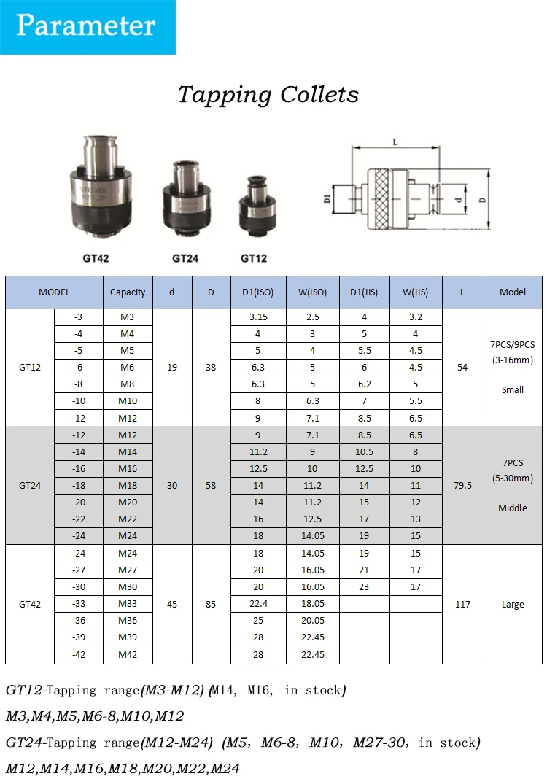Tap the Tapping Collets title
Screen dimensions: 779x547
(x=268, y=94)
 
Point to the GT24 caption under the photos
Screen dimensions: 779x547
(x=185, y=258)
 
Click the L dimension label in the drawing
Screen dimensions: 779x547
(x=395, y=142)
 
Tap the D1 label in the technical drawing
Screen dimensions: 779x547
(x=328, y=197)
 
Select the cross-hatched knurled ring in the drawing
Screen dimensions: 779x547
(x=381, y=197)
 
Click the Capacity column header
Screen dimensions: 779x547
(x=128, y=292)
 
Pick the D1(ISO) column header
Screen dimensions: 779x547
(x=258, y=292)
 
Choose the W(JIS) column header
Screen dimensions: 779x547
(x=416, y=292)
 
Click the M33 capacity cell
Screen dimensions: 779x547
(x=128, y=604)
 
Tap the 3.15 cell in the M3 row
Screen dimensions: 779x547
(x=258, y=317)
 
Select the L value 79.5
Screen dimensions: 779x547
(x=462, y=485)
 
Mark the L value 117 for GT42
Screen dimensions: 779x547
(x=462, y=604)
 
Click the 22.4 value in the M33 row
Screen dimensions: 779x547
(x=258, y=604)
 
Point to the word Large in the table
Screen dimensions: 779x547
(x=513, y=605)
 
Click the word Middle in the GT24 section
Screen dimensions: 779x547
(x=513, y=508)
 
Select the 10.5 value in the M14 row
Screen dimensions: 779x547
(x=364, y=451)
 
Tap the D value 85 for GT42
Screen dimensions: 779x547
(x=211, y=604)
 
